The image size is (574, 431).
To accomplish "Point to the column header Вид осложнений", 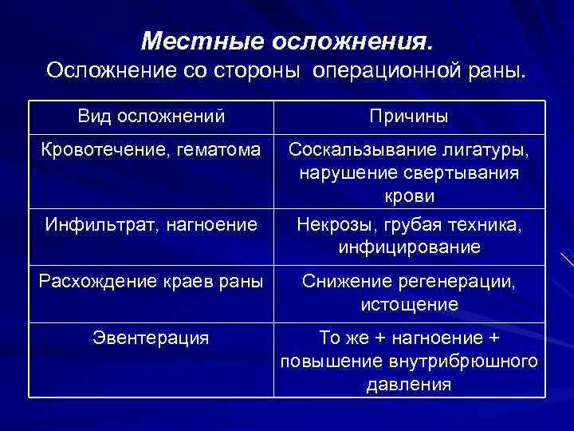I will click(x=151, y=117).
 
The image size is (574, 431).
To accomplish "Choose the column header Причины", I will click(x=409, y=117).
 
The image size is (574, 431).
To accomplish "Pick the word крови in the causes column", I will click(x=409, y=196).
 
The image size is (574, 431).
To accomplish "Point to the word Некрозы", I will click(x=330, y=225).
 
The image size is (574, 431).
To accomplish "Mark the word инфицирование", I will click(x=409, y=247).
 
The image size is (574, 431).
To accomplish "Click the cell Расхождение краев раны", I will click(x=151, y=281).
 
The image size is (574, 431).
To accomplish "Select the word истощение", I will click(x=409, y=304).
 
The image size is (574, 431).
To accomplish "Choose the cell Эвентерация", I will click(x=151, y=338).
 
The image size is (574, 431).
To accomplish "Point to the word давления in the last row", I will click(x=409, y=385).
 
